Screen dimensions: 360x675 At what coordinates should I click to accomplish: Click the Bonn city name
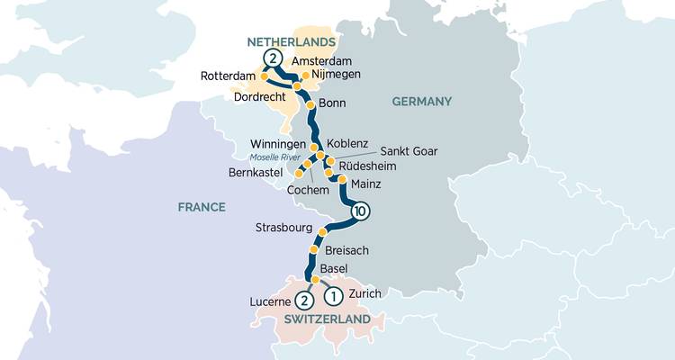[x=333, y=104]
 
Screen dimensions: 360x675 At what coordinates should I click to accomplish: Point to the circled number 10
[x=360, y=212]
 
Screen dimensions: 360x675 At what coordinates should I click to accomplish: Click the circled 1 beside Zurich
[x=332, y=294]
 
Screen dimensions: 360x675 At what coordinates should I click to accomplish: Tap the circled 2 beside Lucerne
[x=304, y=300]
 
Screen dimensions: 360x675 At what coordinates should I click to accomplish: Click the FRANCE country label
[x=201, y=207]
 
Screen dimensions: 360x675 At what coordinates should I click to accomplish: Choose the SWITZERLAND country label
[x=326, y=320]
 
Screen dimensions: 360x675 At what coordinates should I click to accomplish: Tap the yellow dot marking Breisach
[x=314, y=249]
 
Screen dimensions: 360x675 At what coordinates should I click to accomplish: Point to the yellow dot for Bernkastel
[x=299, y=172]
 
